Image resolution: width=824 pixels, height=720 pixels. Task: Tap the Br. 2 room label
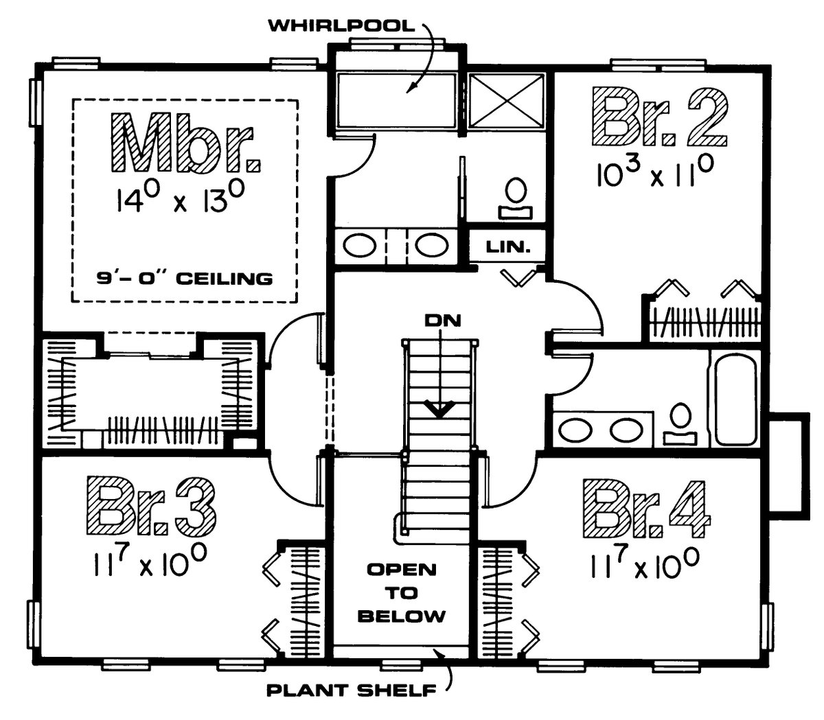[659, 117]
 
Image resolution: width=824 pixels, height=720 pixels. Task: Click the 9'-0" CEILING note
[184, 279]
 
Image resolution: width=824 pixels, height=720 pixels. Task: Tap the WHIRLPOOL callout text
[341, 27]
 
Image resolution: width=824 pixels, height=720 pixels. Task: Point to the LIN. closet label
[510, 246]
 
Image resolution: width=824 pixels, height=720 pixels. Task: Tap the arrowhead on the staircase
[437, 410]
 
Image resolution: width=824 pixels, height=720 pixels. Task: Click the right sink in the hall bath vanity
[625, 430]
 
